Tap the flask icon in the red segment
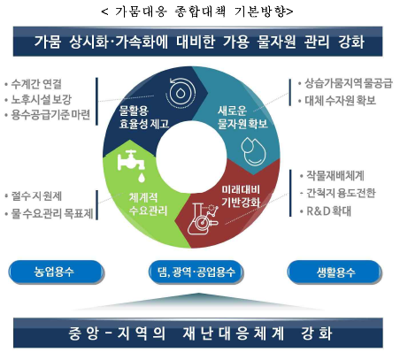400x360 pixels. [204, 218]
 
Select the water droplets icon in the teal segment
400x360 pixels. [253, 151]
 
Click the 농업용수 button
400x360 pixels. [56, 272]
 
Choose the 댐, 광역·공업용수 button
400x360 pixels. [196, 272]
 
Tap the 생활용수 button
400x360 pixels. [335, 272]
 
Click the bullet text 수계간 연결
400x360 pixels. [36, 84]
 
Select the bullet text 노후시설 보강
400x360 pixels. [42, 100]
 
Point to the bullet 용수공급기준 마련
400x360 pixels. [50, 115]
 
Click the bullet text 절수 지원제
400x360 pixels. [36, 196]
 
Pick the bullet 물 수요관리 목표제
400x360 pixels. [52, 214]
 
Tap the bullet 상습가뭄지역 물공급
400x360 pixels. [349, 83]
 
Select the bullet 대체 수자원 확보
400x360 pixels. [340, 101]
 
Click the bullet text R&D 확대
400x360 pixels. [329, 211]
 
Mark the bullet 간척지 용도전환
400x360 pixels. [341, 193]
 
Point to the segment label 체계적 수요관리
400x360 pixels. [148, 203]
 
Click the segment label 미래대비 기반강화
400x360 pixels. [241, 195]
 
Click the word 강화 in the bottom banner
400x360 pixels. [317, 333]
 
